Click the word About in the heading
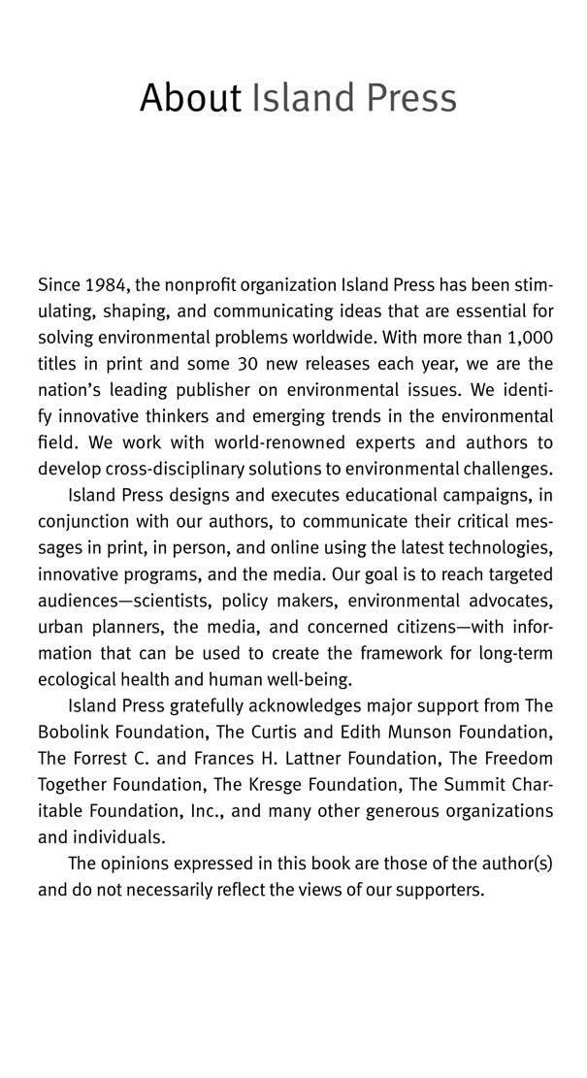click(189, 98)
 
